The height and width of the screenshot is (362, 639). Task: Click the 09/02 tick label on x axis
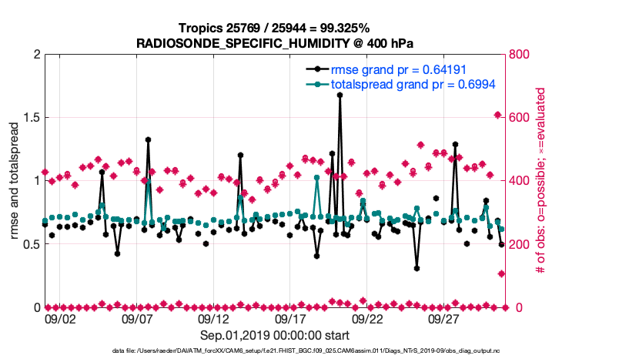61,319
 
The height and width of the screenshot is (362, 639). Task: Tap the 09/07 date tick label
137,319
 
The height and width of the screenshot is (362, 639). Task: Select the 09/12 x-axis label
214,319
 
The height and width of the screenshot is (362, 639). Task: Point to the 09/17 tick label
290,319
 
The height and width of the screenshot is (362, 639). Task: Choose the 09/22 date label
367,319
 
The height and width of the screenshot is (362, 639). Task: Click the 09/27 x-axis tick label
444,319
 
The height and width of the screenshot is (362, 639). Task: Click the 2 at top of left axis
37,54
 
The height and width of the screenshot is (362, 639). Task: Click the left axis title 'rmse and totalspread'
15,180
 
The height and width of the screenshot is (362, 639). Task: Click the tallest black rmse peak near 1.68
340,95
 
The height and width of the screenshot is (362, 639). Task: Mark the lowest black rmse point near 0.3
417,268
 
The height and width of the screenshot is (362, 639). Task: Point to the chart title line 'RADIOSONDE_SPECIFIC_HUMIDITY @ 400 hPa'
275,42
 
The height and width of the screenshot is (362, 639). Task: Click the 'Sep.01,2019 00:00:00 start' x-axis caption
275,335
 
